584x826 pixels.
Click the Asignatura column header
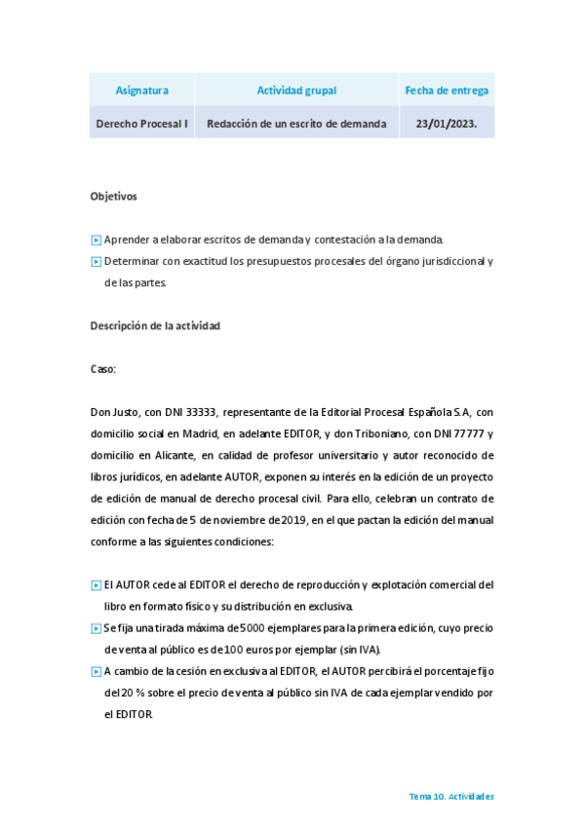pos(141,91)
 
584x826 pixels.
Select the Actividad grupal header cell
pos(296,91)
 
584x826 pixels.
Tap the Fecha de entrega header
pos(447,91)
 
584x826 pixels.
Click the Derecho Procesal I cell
pos(141,124)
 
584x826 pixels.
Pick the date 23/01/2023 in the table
pos(446,124)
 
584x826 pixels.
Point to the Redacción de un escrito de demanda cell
pos(296,124)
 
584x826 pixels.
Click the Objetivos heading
pos(113,196)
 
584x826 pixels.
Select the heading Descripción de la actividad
pos(155,325)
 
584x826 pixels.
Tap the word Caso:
pos(102,369)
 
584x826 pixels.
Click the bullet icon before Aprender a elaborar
pos(96,240)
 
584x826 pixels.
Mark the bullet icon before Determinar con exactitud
pos(96,261)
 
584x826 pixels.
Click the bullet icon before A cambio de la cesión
pos(96,671)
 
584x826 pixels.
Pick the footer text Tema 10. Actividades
pos(451,796)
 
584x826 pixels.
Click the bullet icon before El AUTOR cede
pos(96,585)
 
